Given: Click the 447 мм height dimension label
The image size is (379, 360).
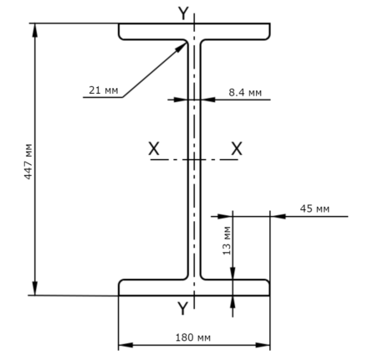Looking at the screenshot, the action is click(28, 162).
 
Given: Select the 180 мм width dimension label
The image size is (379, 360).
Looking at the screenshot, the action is click(193, 337).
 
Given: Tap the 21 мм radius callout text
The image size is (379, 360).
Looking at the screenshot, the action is click(104, 90).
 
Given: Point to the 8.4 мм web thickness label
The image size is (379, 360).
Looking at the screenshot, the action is click(245, 92).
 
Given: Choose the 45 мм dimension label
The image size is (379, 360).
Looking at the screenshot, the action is click(315, 208).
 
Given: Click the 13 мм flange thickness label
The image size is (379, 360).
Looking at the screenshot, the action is click(227, 240).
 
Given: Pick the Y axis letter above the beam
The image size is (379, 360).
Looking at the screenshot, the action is click(183, 13).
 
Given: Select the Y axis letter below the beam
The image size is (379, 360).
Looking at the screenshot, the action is click(183, 308).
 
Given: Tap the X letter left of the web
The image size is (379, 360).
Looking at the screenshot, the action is click(154, 148).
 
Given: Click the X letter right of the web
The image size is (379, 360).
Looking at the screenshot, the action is click(237, 148).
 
